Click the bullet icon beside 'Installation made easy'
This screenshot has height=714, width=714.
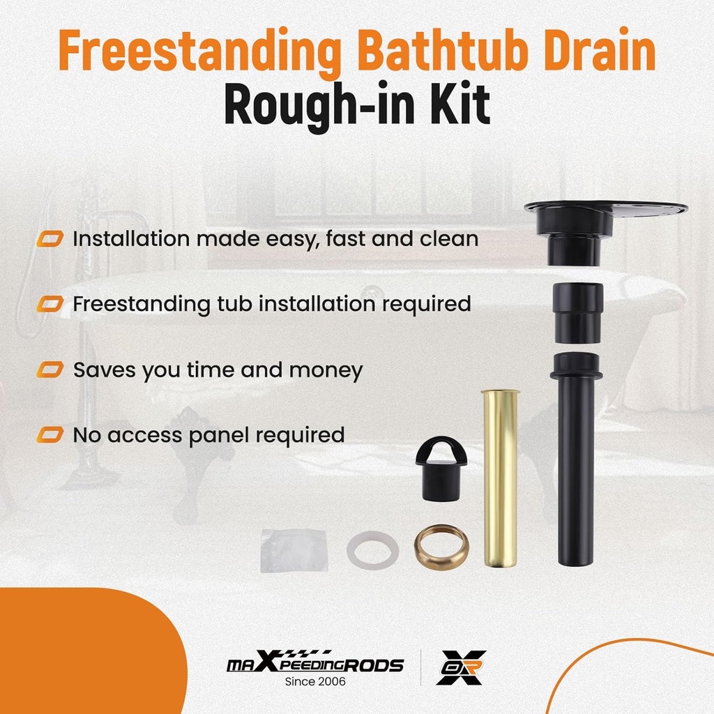50,239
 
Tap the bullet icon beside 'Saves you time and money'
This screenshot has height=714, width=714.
50,370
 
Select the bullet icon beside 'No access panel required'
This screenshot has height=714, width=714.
50,436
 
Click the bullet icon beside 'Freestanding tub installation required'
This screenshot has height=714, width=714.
50,304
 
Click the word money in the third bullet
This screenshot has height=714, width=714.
326,371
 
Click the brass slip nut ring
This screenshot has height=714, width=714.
441,548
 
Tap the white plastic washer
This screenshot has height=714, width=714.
373,549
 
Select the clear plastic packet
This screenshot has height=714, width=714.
294,550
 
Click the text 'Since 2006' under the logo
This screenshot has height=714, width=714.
315,681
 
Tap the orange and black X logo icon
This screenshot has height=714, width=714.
461,667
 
